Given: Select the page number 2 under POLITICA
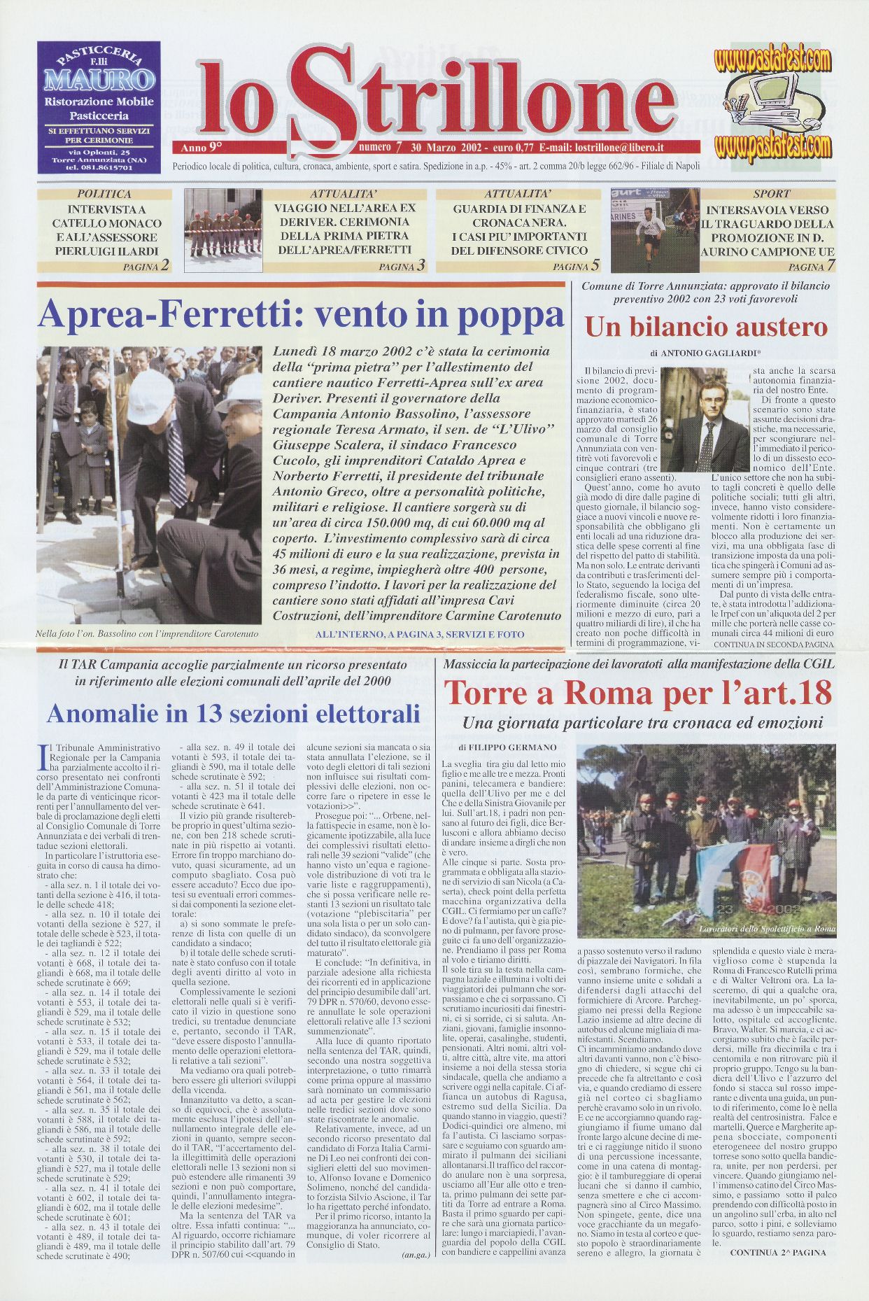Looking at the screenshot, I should coord(164,265).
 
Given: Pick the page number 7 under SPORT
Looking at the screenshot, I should coord(831,265).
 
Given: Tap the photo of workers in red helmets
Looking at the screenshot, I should coord(223,231).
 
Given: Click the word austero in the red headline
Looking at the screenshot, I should coord(779,328).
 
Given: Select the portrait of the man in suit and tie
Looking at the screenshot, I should coord(705,420).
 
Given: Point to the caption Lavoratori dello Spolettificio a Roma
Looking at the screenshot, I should coord(768,929).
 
